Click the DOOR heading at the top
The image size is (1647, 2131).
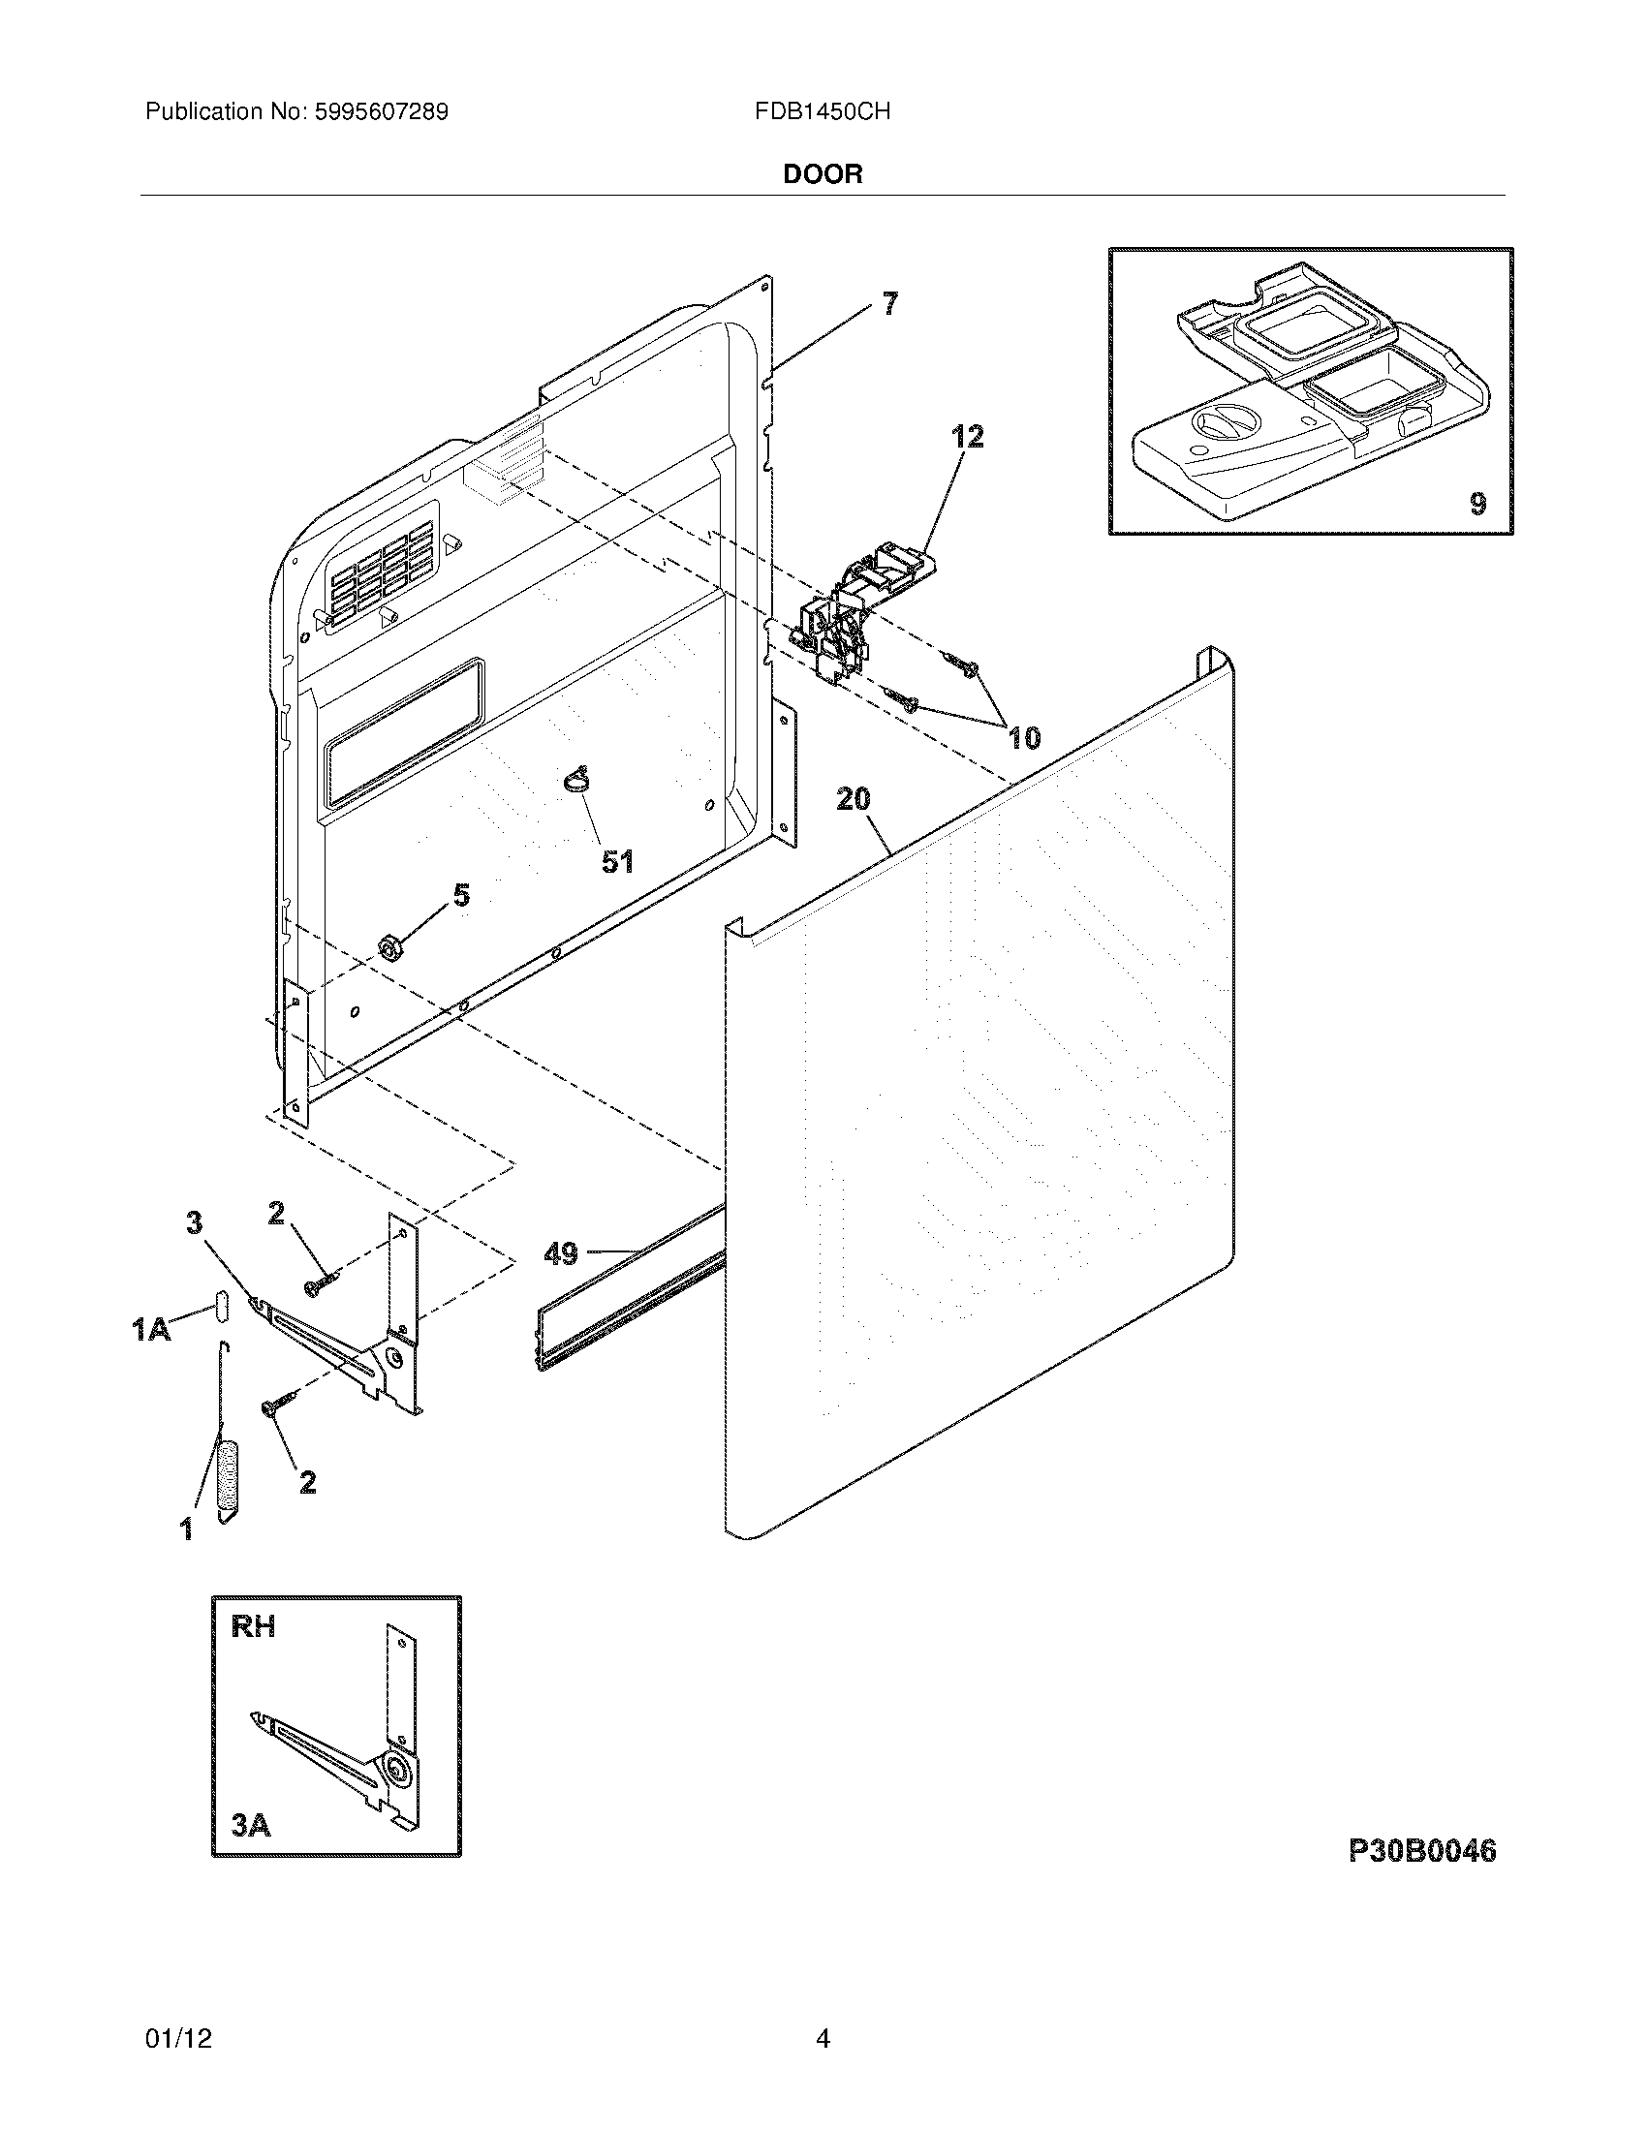click(823, 174)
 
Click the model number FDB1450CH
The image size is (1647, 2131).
click(822, 112)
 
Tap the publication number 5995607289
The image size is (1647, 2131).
click(382, 112)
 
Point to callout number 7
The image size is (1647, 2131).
click(888, 304)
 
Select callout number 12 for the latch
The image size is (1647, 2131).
click(967, 436)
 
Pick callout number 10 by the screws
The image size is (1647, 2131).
click(1023, 738)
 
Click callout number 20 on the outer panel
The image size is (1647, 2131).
click(853, 799)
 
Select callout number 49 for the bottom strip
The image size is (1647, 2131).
click(560, 1252)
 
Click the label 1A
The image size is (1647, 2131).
click(151, 1328)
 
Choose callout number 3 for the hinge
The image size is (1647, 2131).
click(194, 1221)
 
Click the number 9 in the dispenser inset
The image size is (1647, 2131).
click(1477, 504)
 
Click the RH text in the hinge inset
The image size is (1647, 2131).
click(253, 1626)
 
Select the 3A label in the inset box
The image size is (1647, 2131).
click(251, 1825)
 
